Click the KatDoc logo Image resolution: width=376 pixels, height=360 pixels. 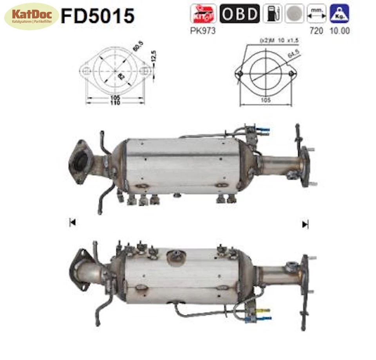[x=31, y=16]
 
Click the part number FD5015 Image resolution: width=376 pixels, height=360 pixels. [x=98, y=16]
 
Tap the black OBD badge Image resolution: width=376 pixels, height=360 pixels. [x=239, y=14]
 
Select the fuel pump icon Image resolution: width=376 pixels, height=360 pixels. [x=272, y=14]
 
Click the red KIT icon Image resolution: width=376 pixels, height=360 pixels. [x=203, y=14]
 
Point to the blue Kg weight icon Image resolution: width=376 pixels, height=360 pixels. [x=339, y=14]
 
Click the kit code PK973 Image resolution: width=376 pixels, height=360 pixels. [x=203, y=31]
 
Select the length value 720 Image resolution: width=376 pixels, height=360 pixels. [x=316, y=31]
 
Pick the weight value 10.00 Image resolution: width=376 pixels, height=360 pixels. [x=340, y=31]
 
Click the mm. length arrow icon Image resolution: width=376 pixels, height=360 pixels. [x=316, y=14]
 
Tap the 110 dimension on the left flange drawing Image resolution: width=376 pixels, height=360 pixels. [x=115, y=103]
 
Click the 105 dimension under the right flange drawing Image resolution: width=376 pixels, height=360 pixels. [x=266, y=100]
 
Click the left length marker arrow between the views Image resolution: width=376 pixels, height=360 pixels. [x=72, y=223]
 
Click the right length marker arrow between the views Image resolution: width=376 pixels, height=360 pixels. [x=305, y=224]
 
